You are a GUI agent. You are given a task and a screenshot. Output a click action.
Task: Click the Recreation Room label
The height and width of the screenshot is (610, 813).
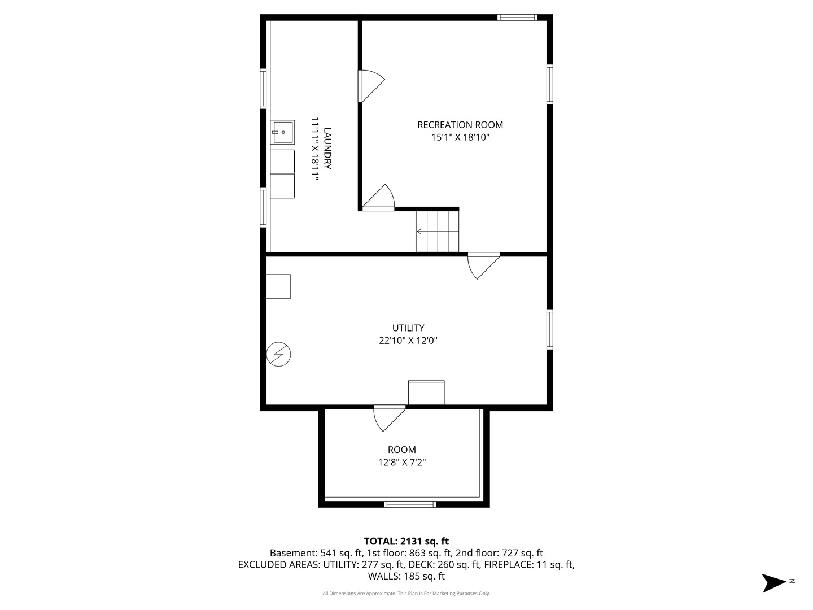pos(460,125)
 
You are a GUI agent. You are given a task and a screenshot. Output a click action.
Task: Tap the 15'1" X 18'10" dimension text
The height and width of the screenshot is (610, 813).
pos(460,137)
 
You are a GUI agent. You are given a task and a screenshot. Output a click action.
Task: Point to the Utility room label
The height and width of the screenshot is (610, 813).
pos(408,328)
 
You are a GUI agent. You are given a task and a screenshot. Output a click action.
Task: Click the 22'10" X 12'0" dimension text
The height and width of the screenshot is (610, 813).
pos(408,341)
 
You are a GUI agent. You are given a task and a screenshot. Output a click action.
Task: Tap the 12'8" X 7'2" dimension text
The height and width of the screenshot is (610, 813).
pos(402,462)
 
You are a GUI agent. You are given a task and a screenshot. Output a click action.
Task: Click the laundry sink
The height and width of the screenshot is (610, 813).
pos(282,132)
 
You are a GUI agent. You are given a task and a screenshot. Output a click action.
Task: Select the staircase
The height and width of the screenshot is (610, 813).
pos(438,232)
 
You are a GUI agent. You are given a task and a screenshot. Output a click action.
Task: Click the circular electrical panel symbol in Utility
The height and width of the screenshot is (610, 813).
pos(278,355)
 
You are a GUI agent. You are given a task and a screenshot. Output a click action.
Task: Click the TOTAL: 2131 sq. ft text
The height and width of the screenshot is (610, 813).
pos(406,541)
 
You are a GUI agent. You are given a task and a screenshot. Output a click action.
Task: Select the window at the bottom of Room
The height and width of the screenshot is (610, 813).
pos(410,504)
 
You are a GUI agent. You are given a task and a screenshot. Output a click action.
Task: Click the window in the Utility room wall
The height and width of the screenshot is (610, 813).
pos(550,329)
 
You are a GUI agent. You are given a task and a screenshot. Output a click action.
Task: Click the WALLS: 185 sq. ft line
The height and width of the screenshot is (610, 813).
pos(406,576)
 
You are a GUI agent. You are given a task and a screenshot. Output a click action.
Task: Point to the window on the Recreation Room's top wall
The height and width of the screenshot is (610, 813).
pos(517,18)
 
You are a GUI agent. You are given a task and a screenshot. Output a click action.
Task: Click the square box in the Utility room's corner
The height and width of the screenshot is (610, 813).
pos(278,286)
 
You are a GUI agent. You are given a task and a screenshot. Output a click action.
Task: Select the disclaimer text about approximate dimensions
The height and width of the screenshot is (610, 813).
pos(406,593)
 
